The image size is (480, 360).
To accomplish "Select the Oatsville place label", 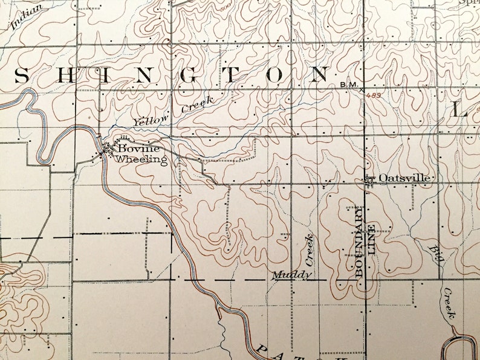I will coord(404,178).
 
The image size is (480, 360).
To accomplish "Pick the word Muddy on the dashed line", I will coord(291,275).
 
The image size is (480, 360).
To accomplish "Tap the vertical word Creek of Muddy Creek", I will coord(310,249).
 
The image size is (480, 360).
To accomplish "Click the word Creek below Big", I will coord(449,304).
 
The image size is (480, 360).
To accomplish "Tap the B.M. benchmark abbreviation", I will coord(349,86).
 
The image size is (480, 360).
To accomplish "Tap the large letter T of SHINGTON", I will coord(233,76).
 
